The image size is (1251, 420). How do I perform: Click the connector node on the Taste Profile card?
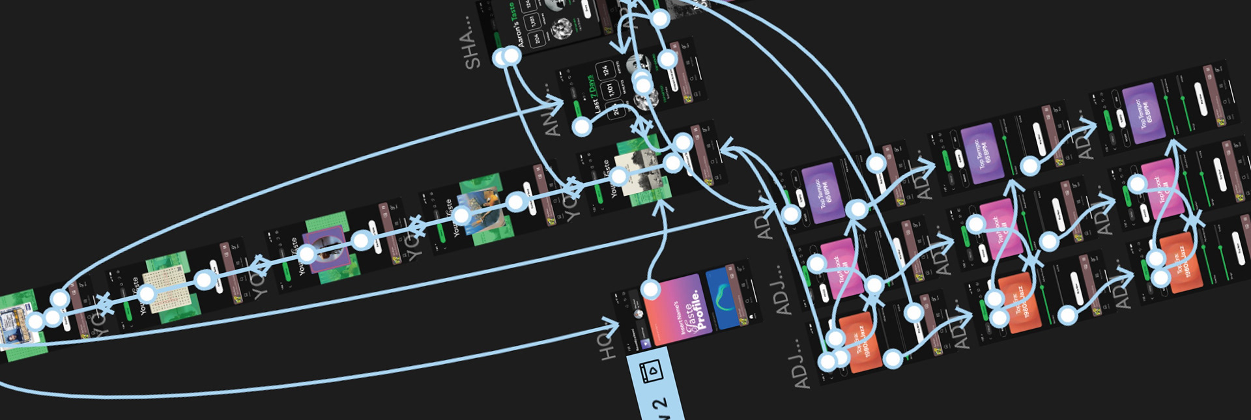click(x=650, y=289)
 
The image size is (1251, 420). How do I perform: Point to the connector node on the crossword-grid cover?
click(x=147, y=294)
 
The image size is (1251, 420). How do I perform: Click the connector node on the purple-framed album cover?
click(x=307, y=254)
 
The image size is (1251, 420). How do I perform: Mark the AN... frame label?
click(x=552, y=121)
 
